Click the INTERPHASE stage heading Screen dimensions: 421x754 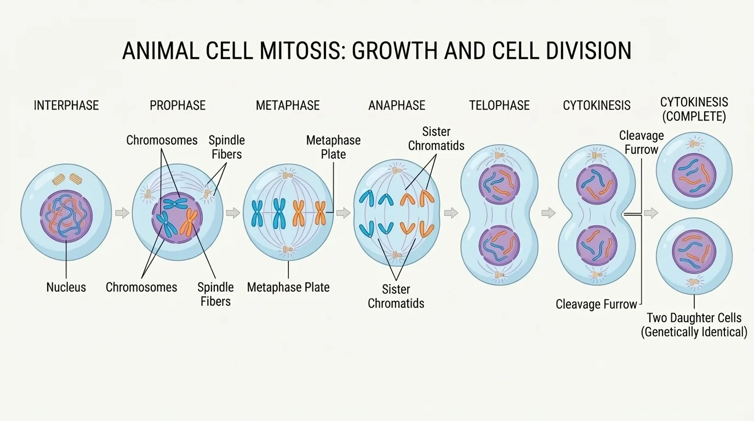click(x=66, y=105)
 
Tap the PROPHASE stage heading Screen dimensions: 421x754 click(x=178, y=105)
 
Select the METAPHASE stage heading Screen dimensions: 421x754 click(x=288, y=105)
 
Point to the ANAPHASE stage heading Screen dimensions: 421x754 click(x=397, y=105)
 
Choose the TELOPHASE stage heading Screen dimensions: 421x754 click(x=499, y=105)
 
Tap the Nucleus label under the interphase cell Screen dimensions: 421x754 click(x=66, y=287)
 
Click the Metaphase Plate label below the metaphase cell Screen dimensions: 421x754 click(x=288, y=287)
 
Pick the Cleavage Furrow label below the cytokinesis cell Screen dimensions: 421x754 click(x=596, y=304)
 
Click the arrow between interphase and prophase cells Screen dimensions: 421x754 click(x=122, y=213)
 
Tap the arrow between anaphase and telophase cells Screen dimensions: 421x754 click(x=451, y=213)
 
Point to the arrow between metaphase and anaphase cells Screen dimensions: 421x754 click(x=344, y=213)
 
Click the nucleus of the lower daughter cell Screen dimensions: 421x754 click(x=694, y=253)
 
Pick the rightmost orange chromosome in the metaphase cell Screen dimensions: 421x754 click(x=320, y=213)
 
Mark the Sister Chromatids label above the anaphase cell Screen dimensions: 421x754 click(x=436, y=139)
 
